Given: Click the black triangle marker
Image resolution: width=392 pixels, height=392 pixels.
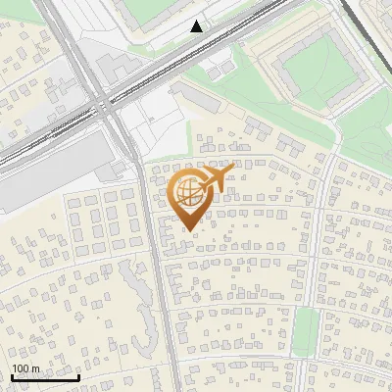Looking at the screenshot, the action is (x=197, y=26).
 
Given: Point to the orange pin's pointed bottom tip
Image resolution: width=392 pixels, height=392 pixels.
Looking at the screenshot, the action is (x=189, y=230).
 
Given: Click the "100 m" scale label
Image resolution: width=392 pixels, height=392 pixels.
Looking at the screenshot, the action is (x=25, y=368).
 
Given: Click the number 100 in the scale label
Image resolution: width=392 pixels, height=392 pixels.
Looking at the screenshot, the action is (x=21, y=368).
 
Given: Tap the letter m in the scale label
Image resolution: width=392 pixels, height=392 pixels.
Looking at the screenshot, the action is (x=35, y=368).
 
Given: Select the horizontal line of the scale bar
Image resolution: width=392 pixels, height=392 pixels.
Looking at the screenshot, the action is (x=45, y=377).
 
